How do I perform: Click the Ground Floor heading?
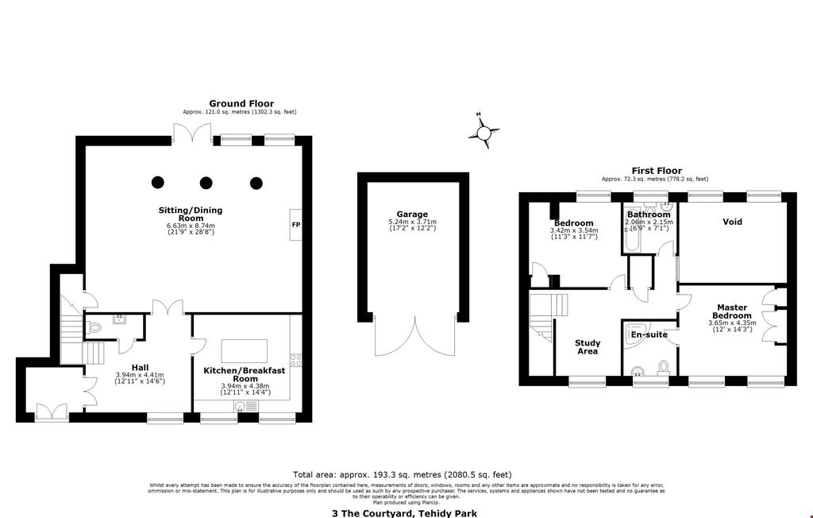click(x=241, y=103)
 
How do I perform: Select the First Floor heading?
click(x=656, y=171)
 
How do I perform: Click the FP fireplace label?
click(x=295, y=225)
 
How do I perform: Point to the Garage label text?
click(x=412, y=215)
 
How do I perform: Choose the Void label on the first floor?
click(x=732, y=222)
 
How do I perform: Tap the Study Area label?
click(x=587, y=347)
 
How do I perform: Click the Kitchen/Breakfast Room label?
click(x=245, y=375)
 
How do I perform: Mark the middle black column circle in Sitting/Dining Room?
click(x=206, y=183)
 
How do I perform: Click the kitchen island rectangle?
click(x=244, y=350)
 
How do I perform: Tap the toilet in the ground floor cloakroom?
click(x=94, y=327)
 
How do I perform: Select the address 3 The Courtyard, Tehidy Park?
click(x=405, y=513)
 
